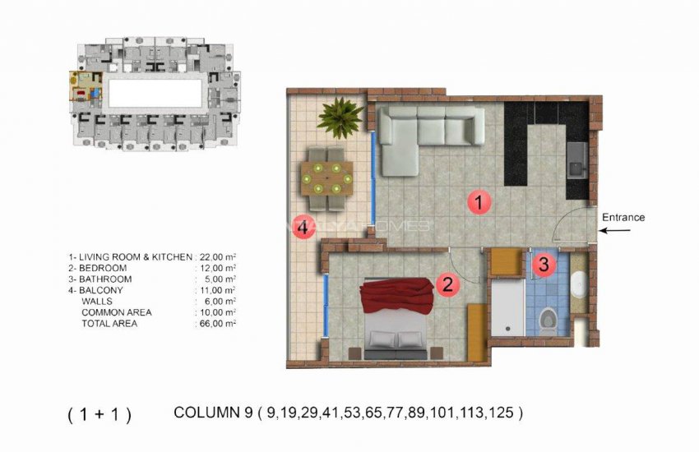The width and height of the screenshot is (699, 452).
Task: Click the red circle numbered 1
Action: tap(474, 202)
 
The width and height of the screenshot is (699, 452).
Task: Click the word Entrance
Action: tap(623, 218)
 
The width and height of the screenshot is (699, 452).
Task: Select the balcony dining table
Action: tap(326, 176)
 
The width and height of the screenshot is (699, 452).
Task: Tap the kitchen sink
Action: tap(577, 159)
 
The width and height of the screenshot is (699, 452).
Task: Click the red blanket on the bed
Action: tap(397, 297)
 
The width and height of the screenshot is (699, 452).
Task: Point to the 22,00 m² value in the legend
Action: tap(217, 257)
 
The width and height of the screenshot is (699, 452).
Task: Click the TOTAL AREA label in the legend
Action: tap(109, 324)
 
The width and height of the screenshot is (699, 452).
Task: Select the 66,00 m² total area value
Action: tap(217, 324)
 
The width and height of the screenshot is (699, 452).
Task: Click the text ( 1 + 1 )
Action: tap(99, 415)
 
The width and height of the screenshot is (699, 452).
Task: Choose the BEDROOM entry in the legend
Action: tap(102, 268)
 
